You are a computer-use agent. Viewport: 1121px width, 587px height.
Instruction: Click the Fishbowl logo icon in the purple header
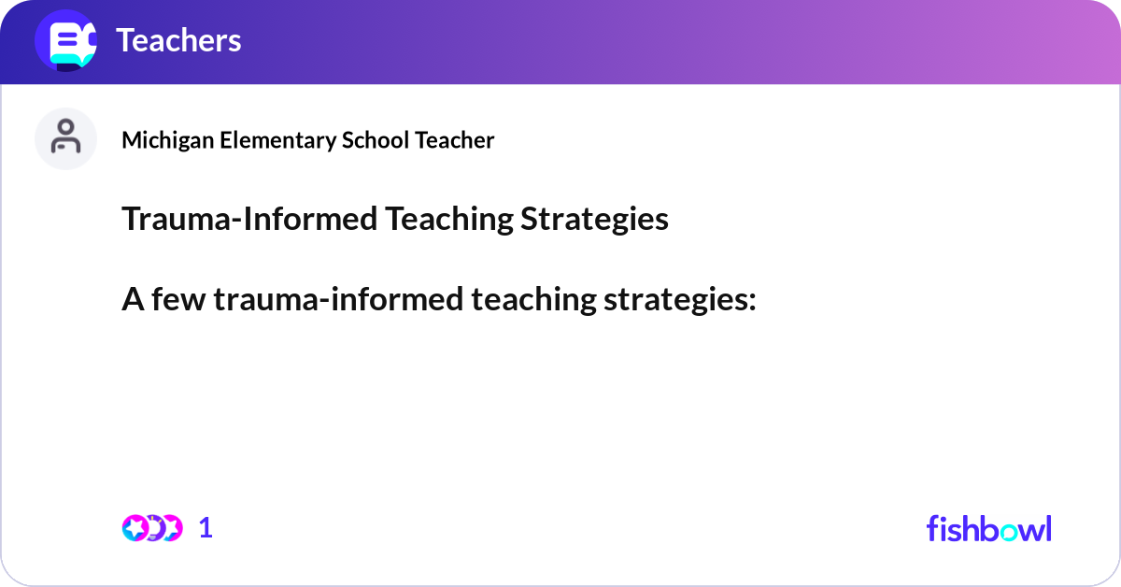click(65, 40)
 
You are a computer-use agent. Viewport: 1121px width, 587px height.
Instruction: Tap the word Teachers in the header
click(178, 40)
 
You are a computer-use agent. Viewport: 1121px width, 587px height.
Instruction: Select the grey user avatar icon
click(65, 138)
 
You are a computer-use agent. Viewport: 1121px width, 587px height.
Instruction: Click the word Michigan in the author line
click(160, 140)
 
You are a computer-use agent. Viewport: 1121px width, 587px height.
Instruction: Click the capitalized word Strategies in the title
click(595, 219)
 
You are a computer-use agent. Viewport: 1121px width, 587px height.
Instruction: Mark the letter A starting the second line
click(132, 300)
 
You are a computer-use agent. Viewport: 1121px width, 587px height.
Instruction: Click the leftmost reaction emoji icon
click(135, 528)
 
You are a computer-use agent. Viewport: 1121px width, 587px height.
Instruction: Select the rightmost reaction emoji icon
click(171, 528)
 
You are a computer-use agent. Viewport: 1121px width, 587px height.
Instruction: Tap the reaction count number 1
click(206, 528)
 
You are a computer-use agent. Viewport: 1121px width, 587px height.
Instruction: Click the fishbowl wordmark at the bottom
click(988, 528)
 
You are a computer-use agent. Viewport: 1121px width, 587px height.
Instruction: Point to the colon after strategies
click(751, 302)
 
